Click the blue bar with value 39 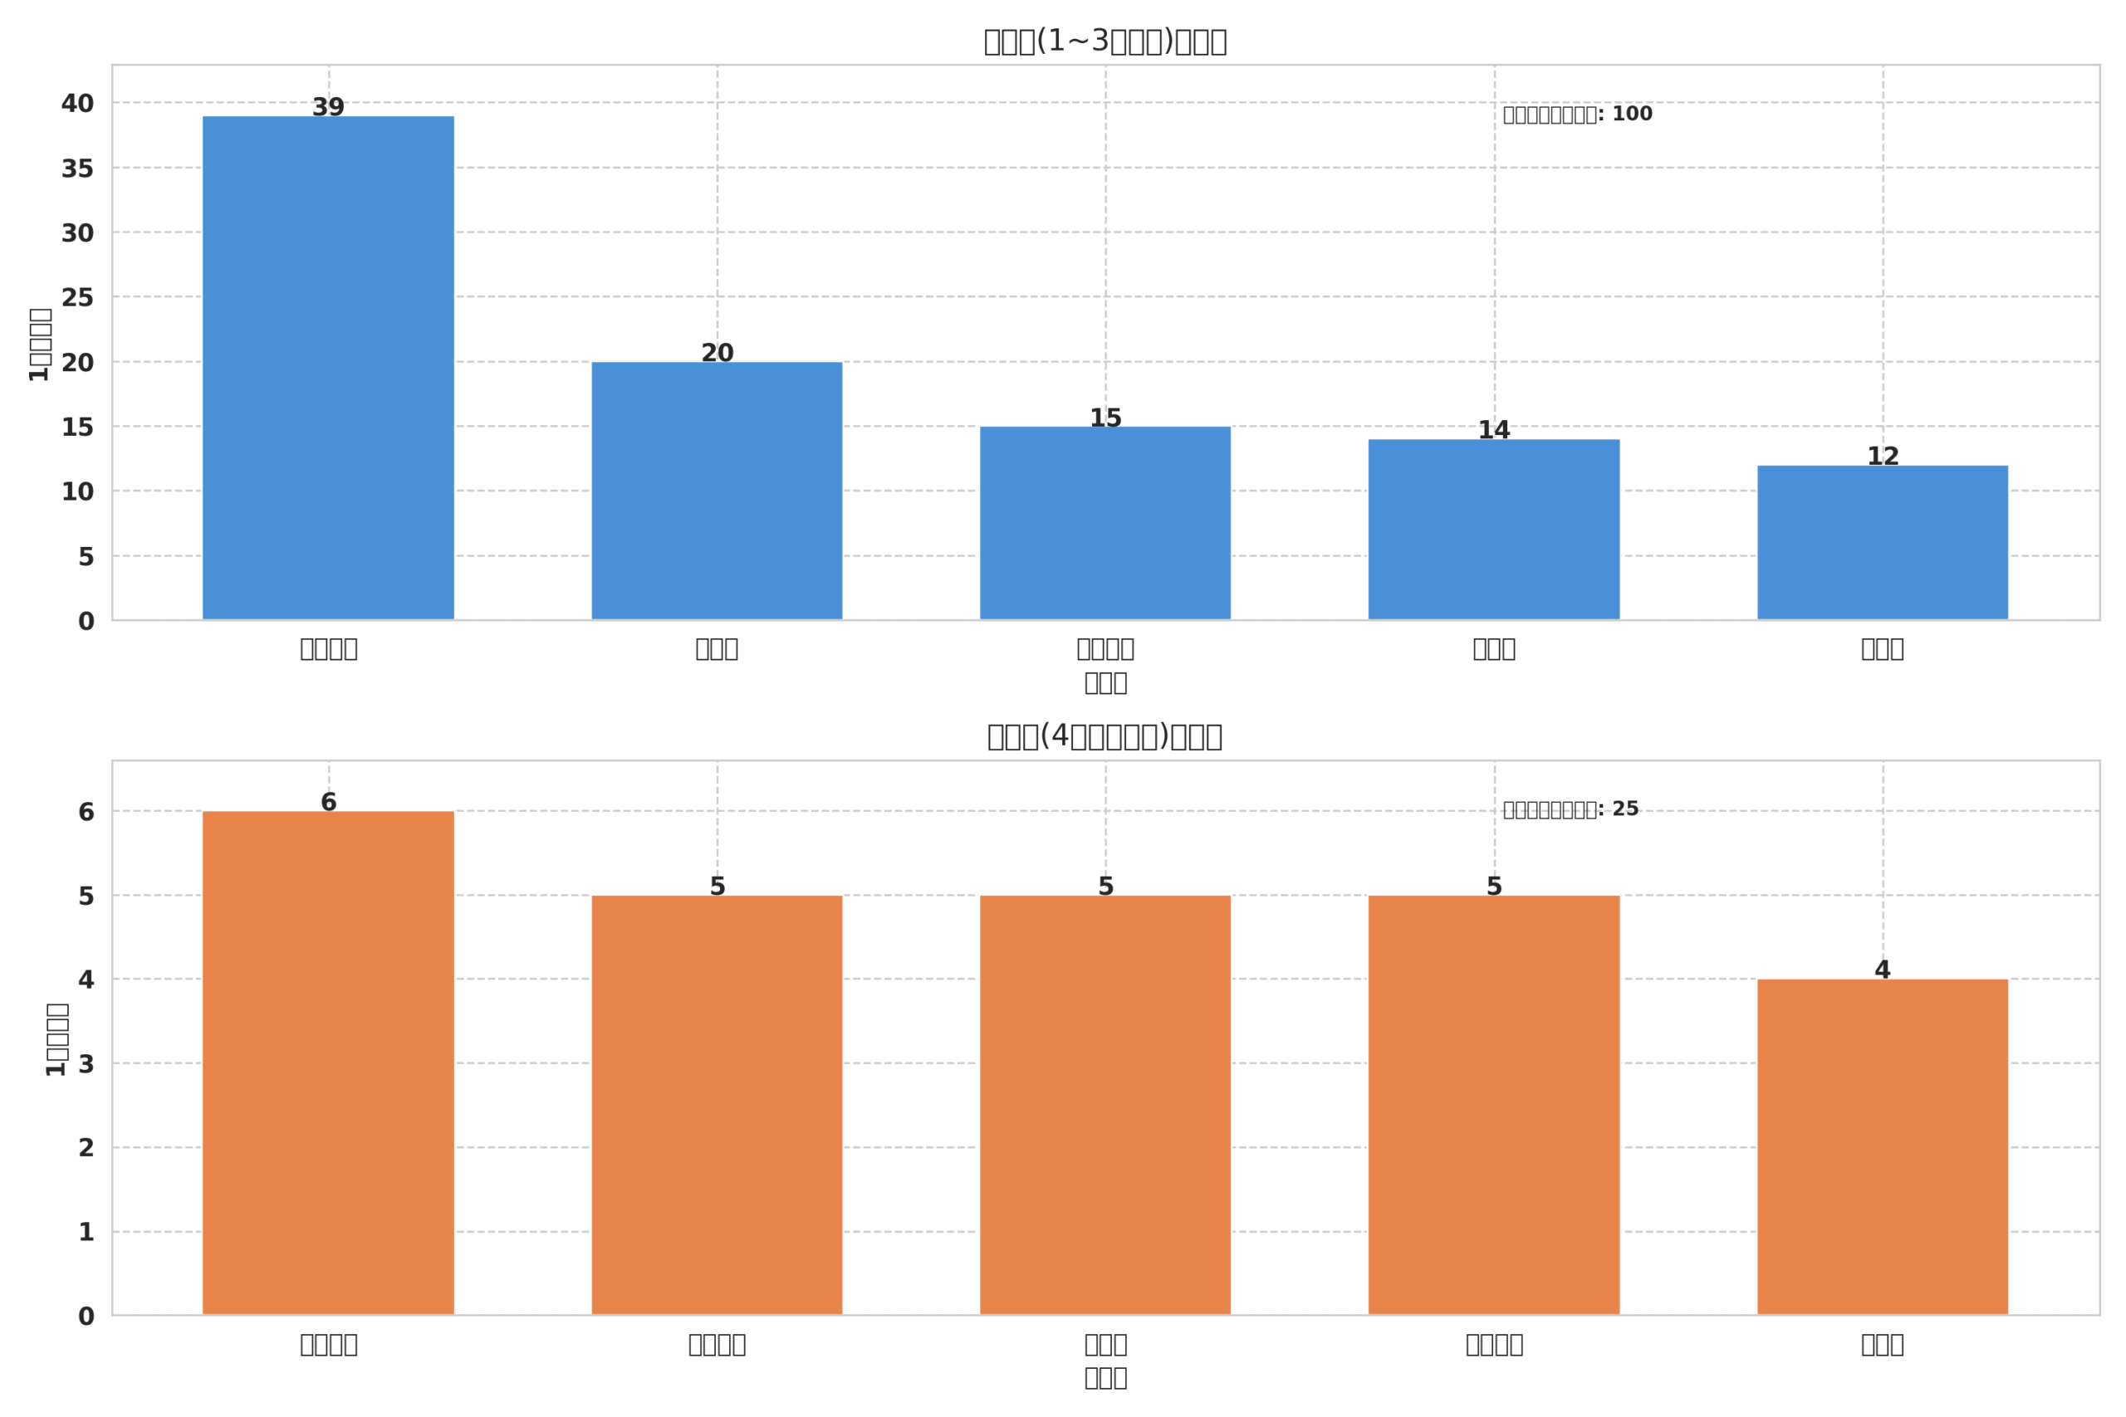328,368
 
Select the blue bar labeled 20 717,491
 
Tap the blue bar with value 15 1105,523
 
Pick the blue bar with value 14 1493,530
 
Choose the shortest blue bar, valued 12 1882,542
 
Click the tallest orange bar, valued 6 328,1063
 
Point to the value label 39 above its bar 328,108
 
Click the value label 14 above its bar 1493,430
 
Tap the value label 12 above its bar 1882,457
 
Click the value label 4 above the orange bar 1882,970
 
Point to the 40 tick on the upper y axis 78,104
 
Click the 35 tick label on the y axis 78,169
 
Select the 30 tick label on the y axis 78,233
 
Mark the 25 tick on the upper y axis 78,297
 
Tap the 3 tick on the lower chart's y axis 86,1063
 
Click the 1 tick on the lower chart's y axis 86,1232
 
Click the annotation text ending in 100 1577,115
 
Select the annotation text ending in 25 1570,809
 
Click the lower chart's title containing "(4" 1104,736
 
